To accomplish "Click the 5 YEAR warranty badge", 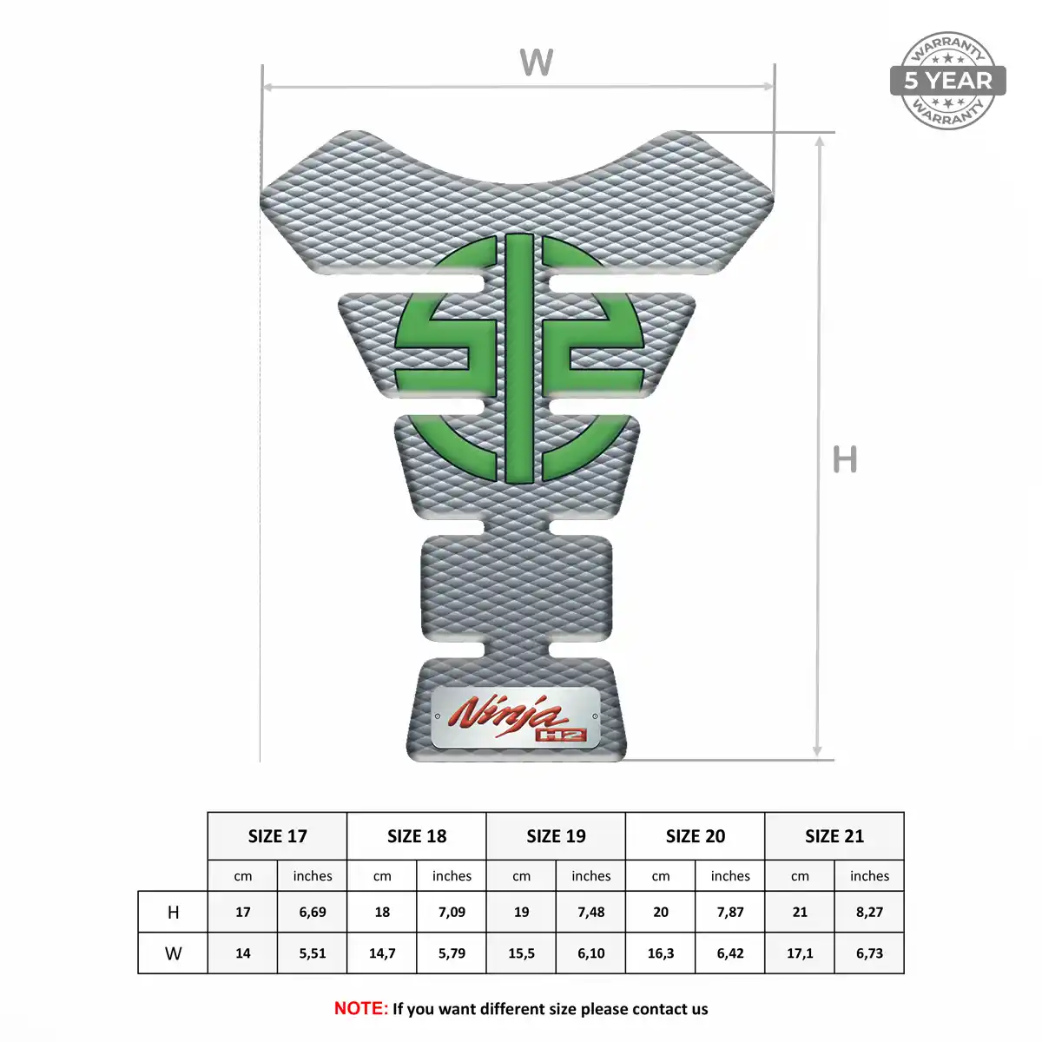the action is tap(947, 81).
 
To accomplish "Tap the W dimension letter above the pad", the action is tap(536, 63).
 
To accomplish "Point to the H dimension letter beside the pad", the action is tap(845, 459).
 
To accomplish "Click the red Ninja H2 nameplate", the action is tap(516, 718).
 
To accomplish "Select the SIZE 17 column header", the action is tap(277, 836).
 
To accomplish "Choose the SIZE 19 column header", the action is tap(556, 836).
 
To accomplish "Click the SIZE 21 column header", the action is tap(834, 836).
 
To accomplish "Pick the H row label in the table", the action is tap(173, 913).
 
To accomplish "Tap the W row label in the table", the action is tap(173, 953).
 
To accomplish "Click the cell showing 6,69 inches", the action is tap(313, 913).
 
